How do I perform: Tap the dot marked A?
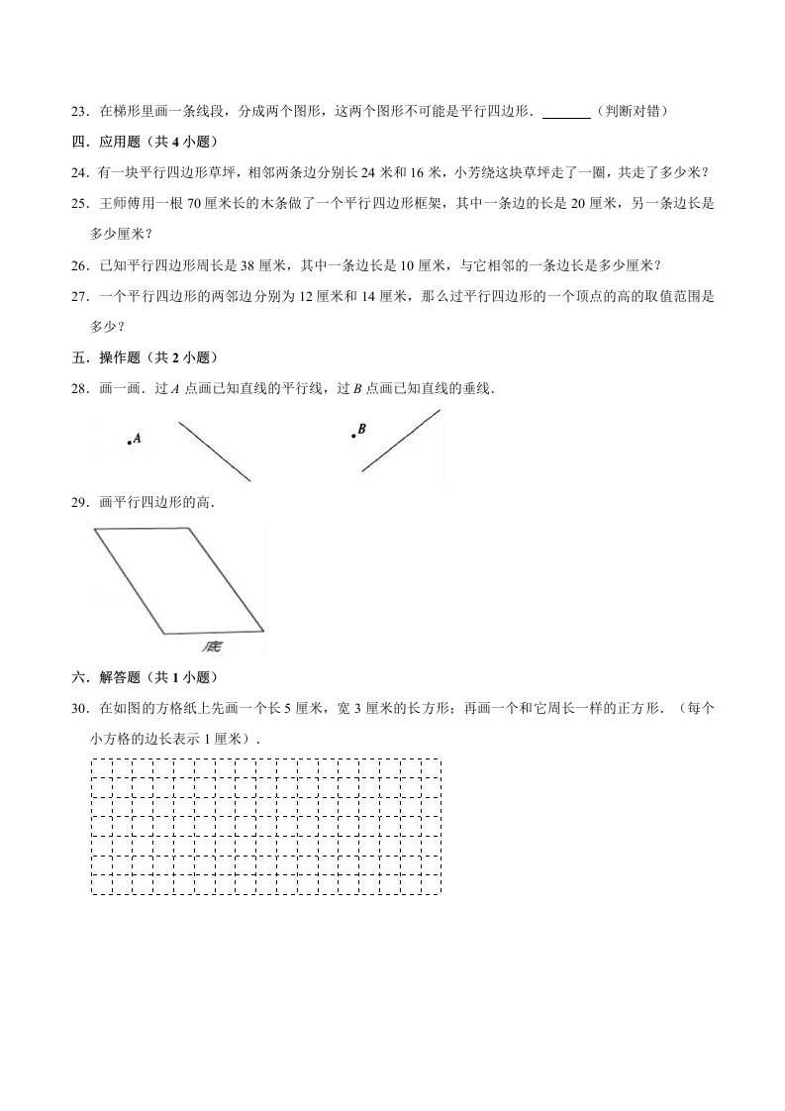click(x=129, y=443)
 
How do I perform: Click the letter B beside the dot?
click(x=361, y=429)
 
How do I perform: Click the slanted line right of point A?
click(x=215, y=453)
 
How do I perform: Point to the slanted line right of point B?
click(x=401, y=441)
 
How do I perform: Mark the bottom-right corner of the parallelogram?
click(x=263, y=628)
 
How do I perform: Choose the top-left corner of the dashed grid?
click(x=92, y=759)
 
